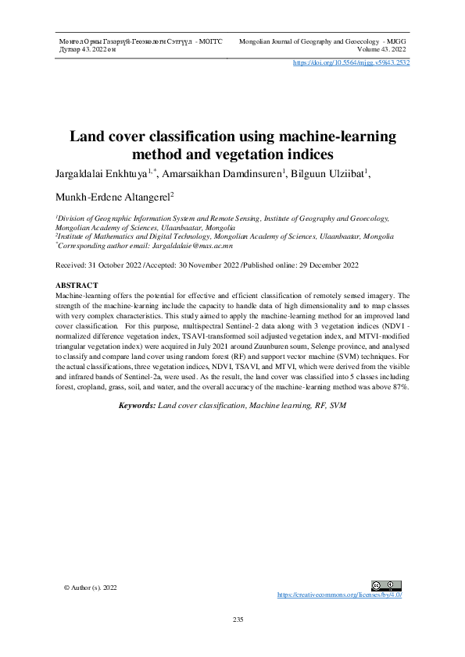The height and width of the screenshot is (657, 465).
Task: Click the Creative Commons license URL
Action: (x=339, y=595)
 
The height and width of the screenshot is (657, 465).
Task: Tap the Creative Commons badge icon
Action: (x=387, y=585)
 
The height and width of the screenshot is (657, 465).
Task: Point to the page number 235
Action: (x=238, y=620)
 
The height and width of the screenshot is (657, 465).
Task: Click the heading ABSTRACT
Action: (x=77, y=286)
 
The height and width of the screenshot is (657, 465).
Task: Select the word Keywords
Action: (x=136, y=406)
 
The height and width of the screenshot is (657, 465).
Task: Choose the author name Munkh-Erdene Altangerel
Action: (x=113, y=199)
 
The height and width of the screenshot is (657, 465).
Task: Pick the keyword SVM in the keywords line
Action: (x=338, y=406)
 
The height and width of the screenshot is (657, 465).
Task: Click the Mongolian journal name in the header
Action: (x=141, y=39)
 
